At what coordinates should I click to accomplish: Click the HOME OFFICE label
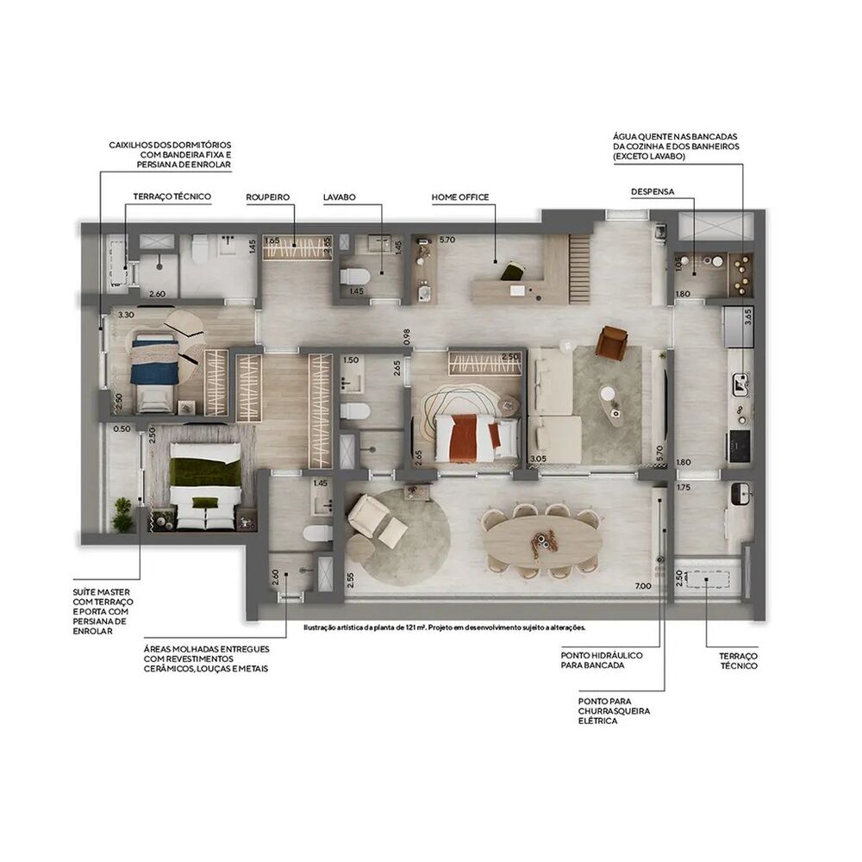(x=460, y=197)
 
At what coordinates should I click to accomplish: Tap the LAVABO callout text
(x=340, y=197)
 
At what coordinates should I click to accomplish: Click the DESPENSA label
(x=652, y=191)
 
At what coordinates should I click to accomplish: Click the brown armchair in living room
(x=613, y=342)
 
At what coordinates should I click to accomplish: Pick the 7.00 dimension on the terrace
(x=642, y=586)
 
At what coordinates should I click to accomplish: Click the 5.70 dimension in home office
(x=422, y=241)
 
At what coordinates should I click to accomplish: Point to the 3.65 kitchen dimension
(x=746, y=315)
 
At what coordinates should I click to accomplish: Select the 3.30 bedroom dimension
(x=125, y=315)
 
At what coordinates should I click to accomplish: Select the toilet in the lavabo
(x=354, y=277)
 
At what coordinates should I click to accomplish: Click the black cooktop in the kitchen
(x=740, y=445)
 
